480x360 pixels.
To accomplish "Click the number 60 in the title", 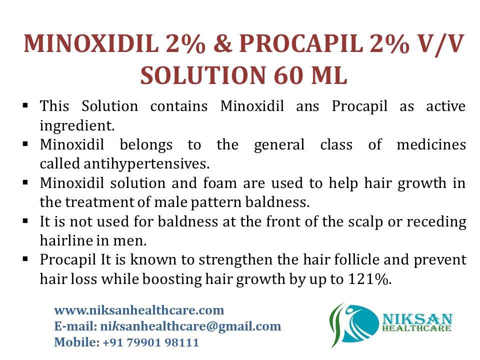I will pos(289,76).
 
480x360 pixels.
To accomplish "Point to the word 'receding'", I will pos(436,221).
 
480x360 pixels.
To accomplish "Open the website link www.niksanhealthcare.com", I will pos(139,310).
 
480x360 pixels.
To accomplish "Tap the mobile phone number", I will pos(150,343).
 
